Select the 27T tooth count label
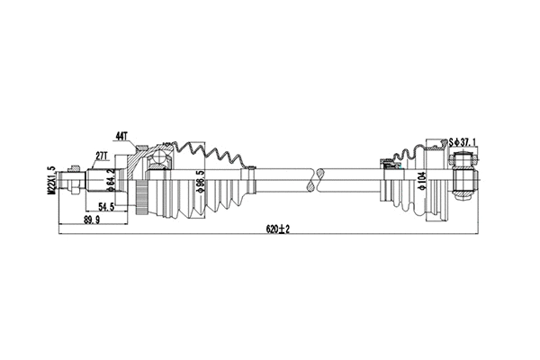pyautogui.click(x=102, y=156)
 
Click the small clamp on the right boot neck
pyautogui.click(x=392, y=164)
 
